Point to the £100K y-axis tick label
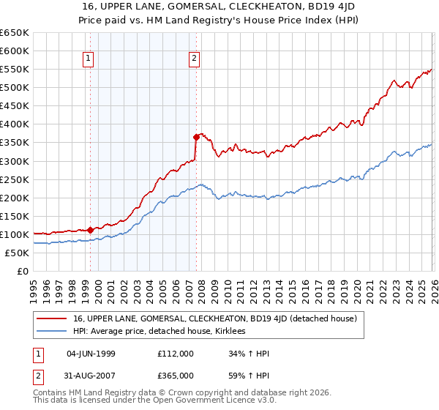(14, 234)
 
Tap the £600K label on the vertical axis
(14, 51)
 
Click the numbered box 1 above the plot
(89, 59)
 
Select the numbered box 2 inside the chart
(195, 59)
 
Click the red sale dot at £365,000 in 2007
(196, 137)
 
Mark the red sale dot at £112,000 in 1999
(90, 230)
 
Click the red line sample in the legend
(52, 318)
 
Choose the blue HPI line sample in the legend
(52, 331)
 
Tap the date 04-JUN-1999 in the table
(91, 354)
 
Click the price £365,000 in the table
(176, 375)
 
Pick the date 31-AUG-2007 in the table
(91, 375)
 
